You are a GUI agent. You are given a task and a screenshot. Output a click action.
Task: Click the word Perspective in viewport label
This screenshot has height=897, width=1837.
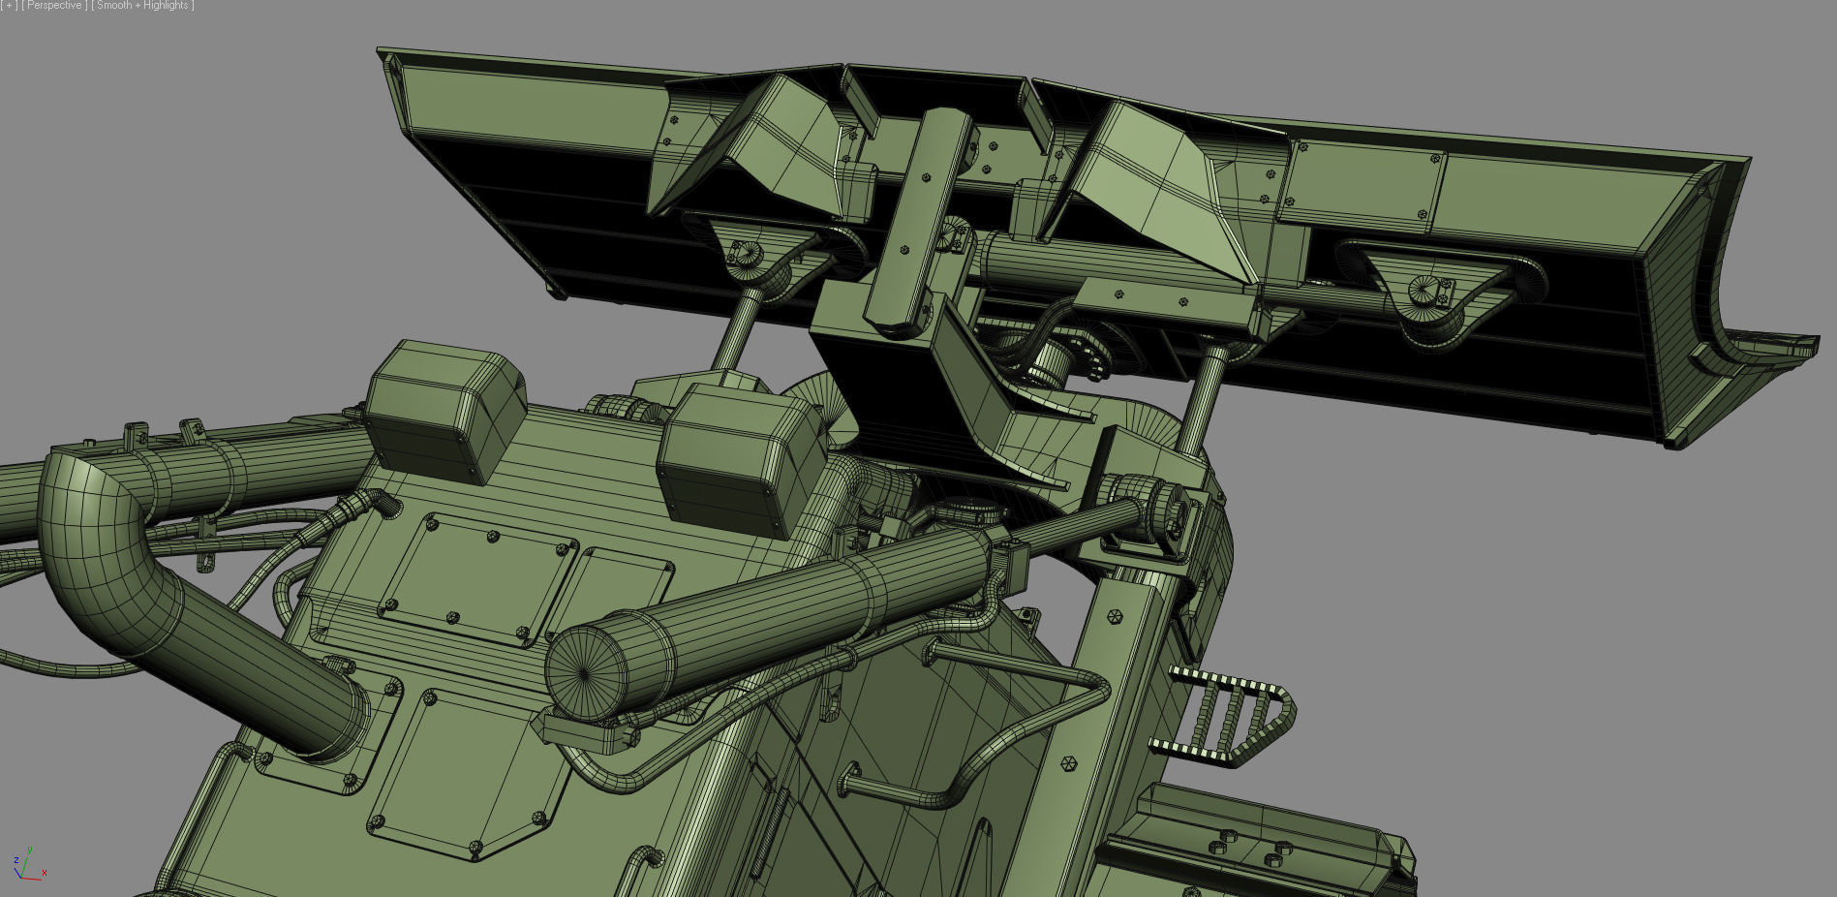(x=54, y=6)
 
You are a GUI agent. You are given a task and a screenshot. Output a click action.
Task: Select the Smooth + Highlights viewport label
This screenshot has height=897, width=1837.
(x=142, y=6)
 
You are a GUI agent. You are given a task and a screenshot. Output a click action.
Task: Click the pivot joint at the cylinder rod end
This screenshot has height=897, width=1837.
(x=1158, y=509)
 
